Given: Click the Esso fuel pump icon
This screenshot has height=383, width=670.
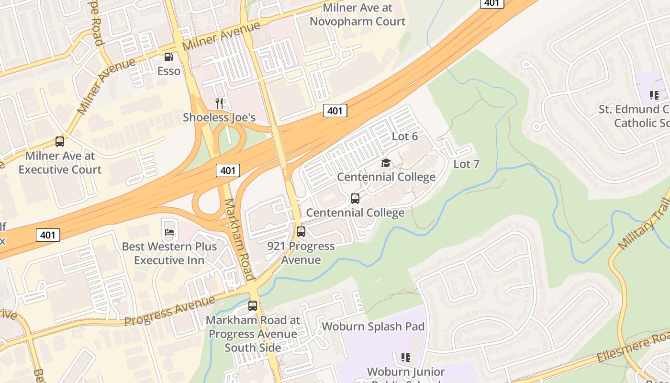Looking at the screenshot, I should pyautogui.click(x=169, y=57).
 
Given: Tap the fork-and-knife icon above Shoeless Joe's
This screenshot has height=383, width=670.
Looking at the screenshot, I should pyautogui.click(x=219, y=102).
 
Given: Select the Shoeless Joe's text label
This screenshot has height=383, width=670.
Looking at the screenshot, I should pyautogui.click(x=219, y=117).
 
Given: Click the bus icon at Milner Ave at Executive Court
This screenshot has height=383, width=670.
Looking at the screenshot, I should pyautogui.click(x=60, y=142).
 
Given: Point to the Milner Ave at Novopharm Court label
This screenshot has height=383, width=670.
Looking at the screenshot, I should pyautogui.click(x=357, y=15).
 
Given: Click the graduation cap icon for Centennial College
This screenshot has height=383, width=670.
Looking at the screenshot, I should pyautogui.click(x=386, y=163).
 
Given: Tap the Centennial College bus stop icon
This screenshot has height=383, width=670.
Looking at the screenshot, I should pyautogui.click(x=355, y=199).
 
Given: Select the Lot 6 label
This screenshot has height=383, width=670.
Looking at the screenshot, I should pyautogui.click(x=405, y=136).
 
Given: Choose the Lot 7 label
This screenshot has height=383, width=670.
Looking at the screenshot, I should pyautogui.click(x=466, y=164).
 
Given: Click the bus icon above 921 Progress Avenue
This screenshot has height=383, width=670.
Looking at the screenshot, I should pyautogui.click(x=301, y=232).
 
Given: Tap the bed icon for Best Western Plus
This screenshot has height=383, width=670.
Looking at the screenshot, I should pyautogui.click(x=169, y=233).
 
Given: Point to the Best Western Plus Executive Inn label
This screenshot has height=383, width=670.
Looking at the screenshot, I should pyautogui.click(x=169, y=253).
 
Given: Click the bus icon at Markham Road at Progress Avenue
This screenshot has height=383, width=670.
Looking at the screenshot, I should pyautogui.click(x=253, y=305).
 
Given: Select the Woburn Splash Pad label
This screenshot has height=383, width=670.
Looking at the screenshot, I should pyautogui.click(x=373, y=327).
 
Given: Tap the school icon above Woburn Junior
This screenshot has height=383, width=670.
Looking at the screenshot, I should pyautogui.click(x=406, y=357).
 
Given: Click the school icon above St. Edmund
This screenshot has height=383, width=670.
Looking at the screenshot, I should pyautogui.click(x=654, y=95).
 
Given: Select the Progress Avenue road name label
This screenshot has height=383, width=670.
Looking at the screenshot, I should pyautogui.click(x=170, y=311).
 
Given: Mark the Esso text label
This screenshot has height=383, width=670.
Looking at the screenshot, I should pyautogui.click(x=169, y=71).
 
